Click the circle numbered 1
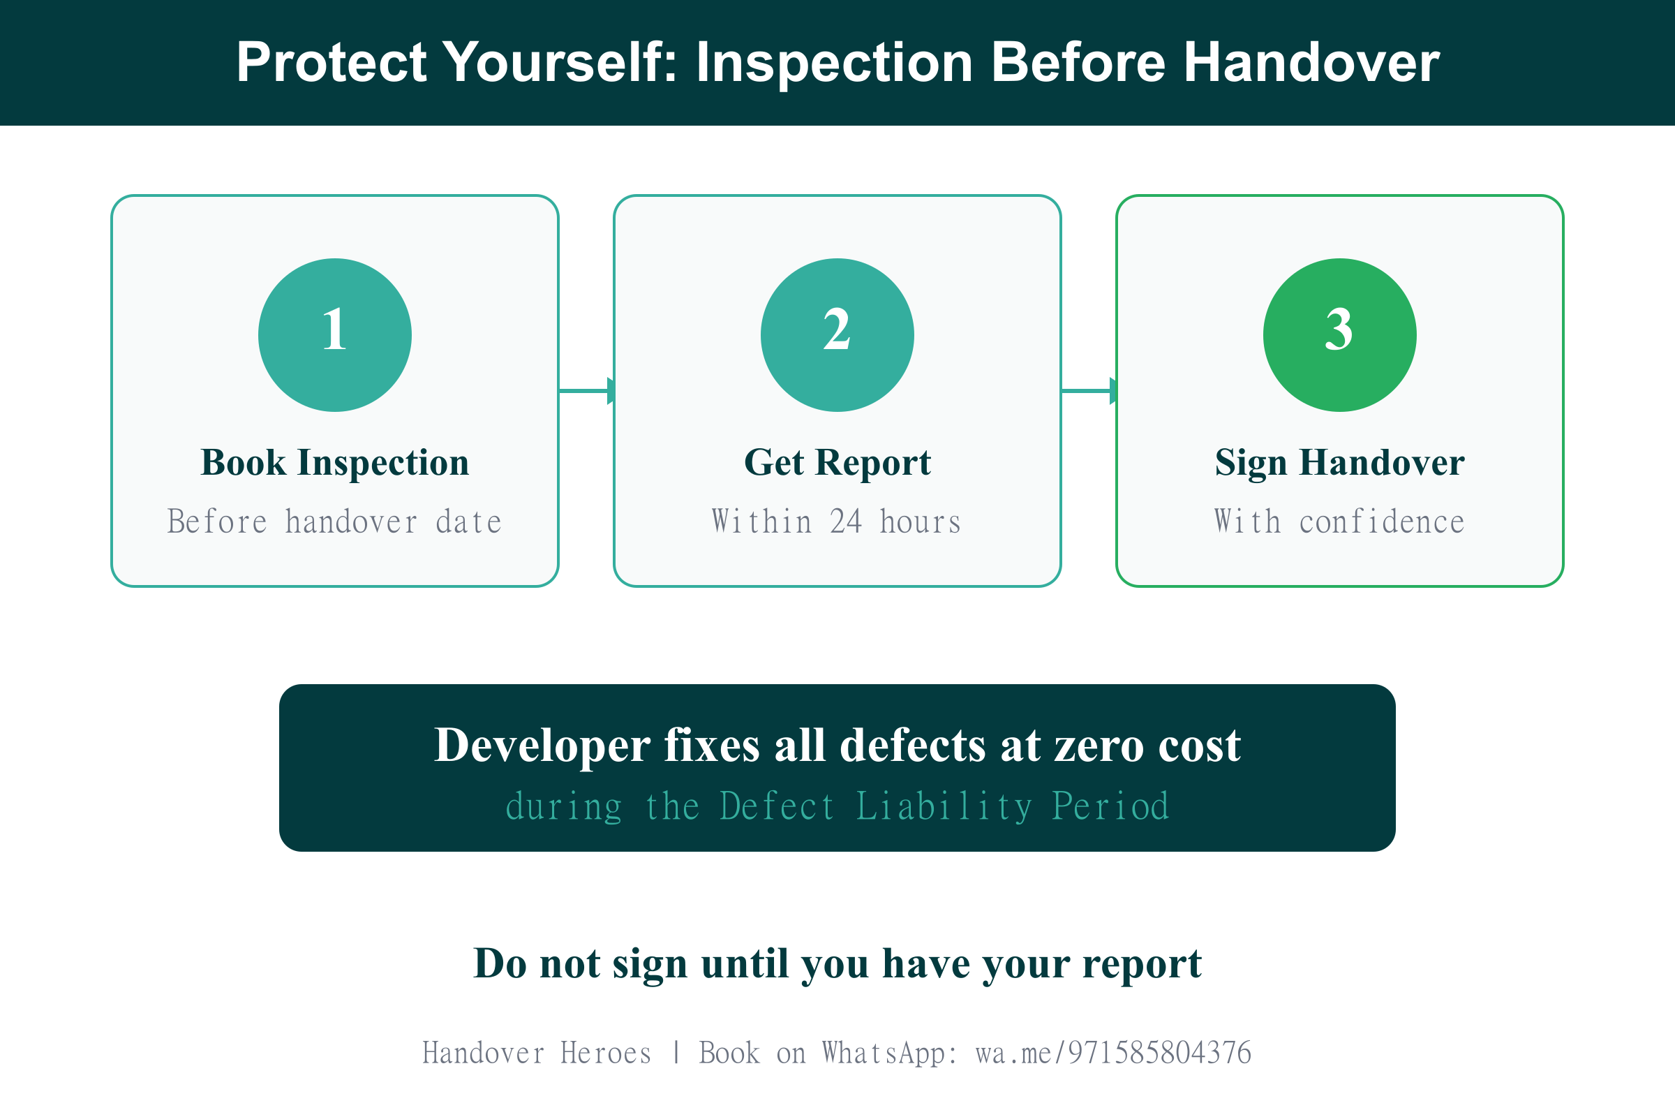335,335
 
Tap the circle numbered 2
837,335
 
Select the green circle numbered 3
1339,335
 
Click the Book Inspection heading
335,463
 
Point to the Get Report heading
837,463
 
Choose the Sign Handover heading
1339,463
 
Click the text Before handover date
335,521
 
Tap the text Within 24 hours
837,521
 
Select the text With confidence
1339,521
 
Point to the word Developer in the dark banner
542,746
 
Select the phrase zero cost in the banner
1147,746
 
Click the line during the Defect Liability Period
837,806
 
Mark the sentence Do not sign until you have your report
837,964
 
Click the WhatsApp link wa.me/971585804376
1113,1053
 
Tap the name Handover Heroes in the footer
537,1053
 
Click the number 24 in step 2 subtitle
846,521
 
